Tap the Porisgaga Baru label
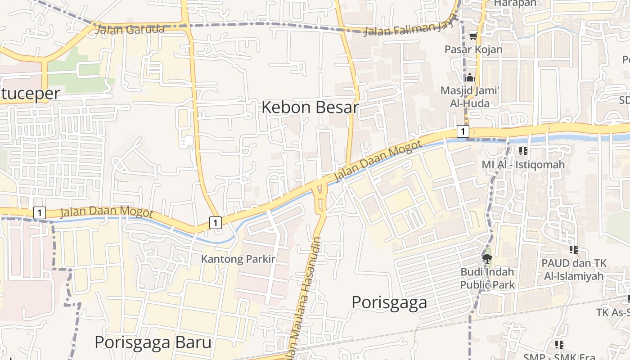point(153,342)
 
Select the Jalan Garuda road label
point(130,30)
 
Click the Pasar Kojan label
point(473,49)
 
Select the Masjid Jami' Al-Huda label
point(470,97)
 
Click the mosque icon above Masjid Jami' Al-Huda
point(470,77)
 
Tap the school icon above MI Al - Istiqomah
point(523,151)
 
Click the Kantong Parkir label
point(238,259)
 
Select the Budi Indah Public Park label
point(487,278)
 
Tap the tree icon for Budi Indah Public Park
point(487,258)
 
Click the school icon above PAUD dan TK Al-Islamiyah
point(573,249)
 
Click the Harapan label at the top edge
point(515,3)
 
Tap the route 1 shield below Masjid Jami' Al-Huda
point(463,131)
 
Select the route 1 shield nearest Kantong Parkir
point(216,222)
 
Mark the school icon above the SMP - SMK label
point(559,345)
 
